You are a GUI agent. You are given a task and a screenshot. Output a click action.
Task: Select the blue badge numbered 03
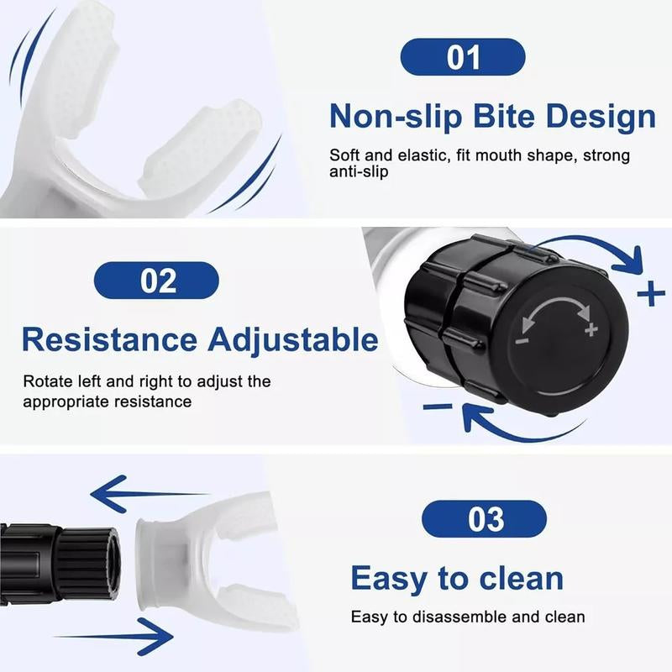[484, 519]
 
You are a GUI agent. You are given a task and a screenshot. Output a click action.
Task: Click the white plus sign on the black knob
[591, 329]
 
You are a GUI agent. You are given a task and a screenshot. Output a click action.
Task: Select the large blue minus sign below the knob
[438, 407]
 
